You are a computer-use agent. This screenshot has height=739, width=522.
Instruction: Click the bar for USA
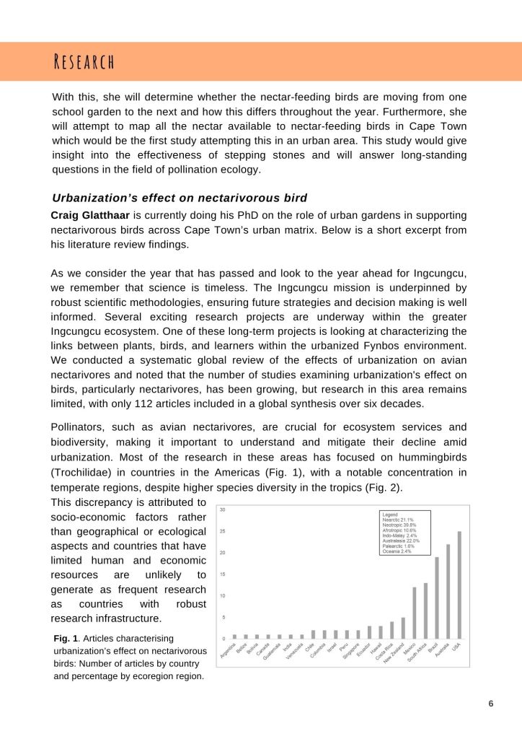[x=459, y=585]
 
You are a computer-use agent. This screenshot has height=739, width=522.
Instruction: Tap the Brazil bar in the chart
[x=436, y=598]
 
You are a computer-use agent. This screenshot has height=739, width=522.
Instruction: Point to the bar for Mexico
[x=414, y=613]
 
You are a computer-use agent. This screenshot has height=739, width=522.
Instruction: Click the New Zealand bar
[x=403, y=628]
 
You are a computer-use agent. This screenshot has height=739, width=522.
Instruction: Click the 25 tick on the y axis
[x=223, y=531]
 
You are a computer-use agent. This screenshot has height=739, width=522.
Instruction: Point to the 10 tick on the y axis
[x=223, y=595]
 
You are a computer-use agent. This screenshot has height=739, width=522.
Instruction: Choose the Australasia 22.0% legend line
[x=401, y=541]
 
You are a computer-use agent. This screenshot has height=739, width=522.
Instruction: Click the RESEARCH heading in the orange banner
[x=84, y=61]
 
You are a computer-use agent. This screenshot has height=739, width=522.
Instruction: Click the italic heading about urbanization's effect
[x=180, y=198]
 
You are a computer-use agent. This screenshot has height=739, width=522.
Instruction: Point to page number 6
[x=490, y=704]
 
